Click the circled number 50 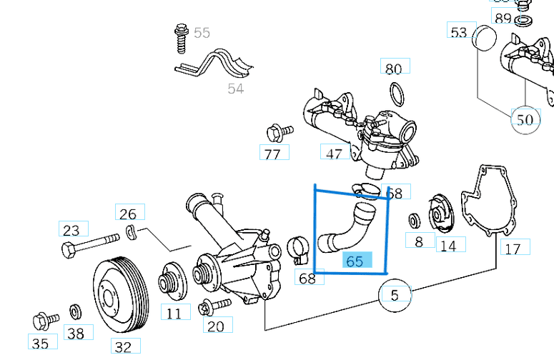[525, 119]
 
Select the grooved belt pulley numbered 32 [121, 296]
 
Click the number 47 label [334, 153]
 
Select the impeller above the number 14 [442, 216]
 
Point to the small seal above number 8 [415, 219]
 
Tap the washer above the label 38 [75, 311]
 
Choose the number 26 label [128, 214]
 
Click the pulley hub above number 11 [172, 281]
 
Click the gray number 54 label [236, 89]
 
